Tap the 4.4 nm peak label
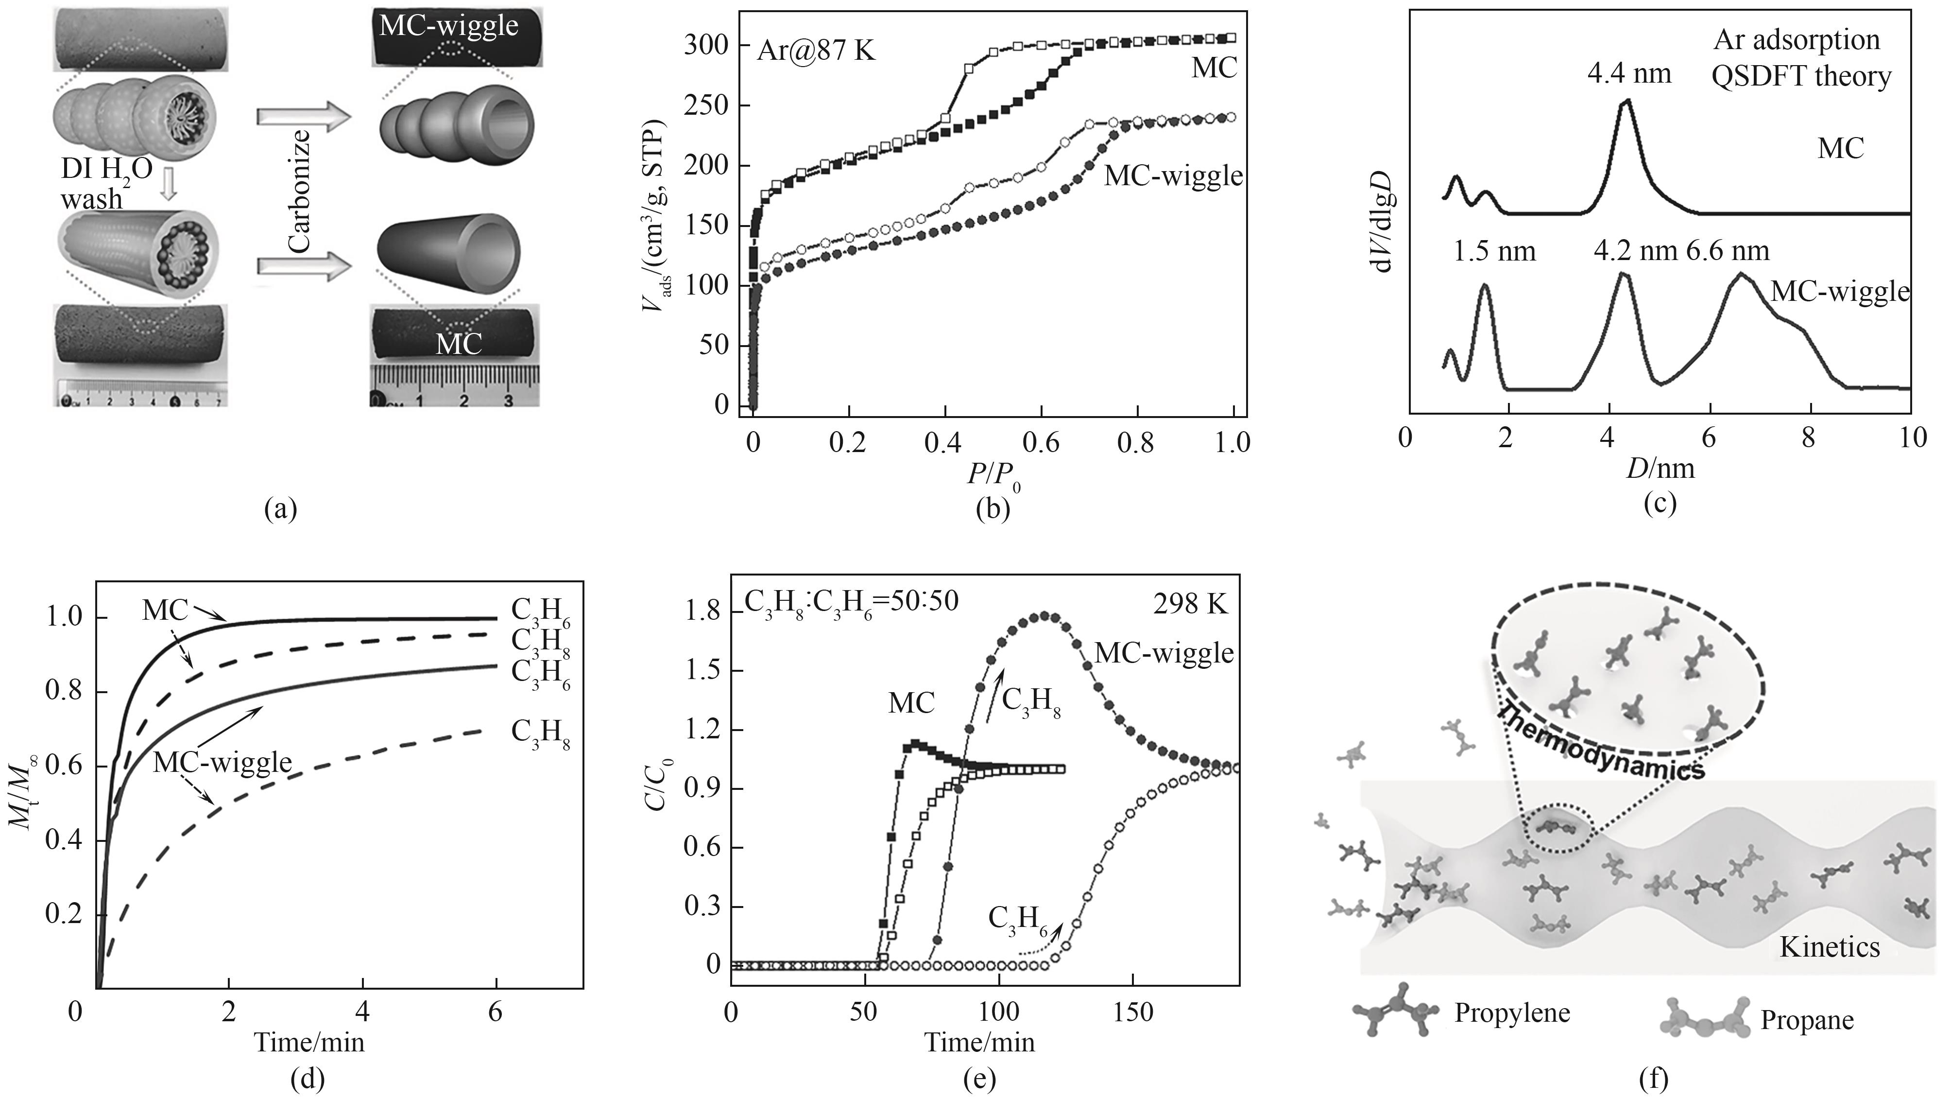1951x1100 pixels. [x=1629, y=74]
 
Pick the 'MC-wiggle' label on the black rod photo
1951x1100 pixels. [x=448, y=26]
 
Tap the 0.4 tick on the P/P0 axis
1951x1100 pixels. [x=944, y=442]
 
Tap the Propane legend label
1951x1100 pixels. [x=1806, y=1020]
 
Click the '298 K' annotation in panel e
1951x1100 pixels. [x=1190, y=604]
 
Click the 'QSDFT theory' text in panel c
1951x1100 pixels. [x=1801, y=76]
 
